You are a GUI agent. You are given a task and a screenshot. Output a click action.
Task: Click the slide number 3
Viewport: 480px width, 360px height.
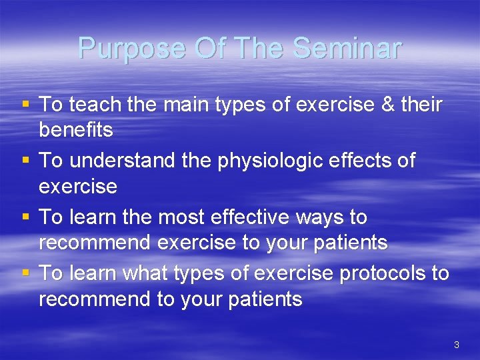[x=456, y=345]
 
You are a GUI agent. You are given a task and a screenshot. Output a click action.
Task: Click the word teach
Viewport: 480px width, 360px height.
[x=95, y=104]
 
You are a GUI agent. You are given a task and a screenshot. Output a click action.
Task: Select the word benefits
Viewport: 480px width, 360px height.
[x=76, y=130]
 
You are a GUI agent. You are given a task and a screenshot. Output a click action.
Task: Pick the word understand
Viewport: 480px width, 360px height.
[x=124, y=161]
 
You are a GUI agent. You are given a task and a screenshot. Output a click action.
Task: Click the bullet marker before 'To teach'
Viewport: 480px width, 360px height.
[x=25, y=105]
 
